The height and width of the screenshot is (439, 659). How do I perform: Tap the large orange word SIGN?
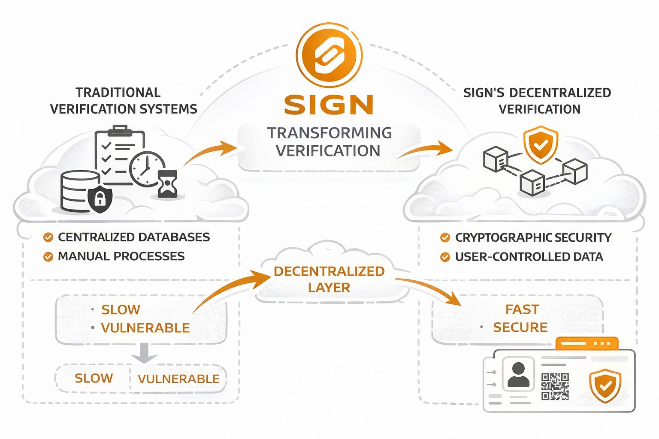point(329,105)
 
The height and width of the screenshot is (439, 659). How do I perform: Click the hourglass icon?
point(167,183)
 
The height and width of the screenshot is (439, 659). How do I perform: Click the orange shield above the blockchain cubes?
point(541,144)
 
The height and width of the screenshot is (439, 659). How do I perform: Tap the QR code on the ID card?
point(555,386)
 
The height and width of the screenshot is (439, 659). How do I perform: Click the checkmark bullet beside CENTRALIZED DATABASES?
point(48,237)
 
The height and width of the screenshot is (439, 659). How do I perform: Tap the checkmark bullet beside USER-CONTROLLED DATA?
point(445,257)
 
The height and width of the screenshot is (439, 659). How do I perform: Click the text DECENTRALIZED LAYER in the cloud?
point(329,279)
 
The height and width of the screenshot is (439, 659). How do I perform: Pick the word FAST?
point(522,309)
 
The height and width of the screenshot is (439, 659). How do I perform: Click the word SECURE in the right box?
point(520,328)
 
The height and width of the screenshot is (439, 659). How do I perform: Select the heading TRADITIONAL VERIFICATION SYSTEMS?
point(123,101)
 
